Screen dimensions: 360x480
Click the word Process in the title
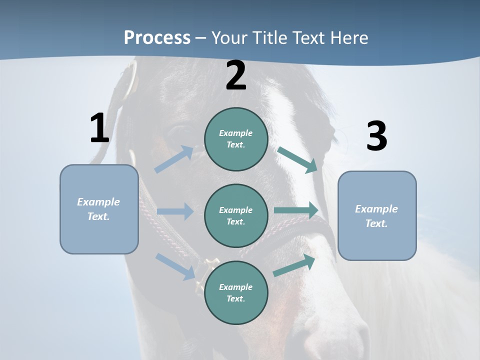157,38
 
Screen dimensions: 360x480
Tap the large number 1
99,128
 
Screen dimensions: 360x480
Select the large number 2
236,75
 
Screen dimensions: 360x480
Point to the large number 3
376,136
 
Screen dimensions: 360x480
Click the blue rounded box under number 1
99,209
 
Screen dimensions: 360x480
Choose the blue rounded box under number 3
377,215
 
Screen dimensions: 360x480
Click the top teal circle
236,139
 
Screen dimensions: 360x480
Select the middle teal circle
236,215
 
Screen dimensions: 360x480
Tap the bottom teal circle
236,292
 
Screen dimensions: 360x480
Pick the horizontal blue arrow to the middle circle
175,211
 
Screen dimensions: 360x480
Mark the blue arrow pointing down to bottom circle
175,266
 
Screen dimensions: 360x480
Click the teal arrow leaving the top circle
297,159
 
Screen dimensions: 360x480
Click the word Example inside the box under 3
376,209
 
